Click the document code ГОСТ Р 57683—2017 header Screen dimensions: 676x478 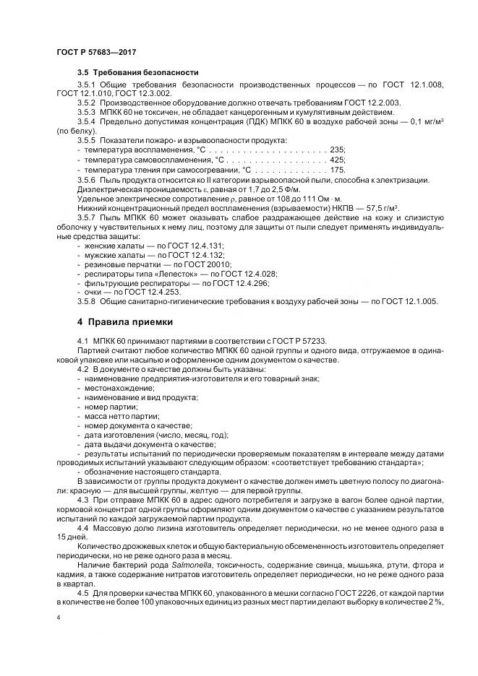pos(95,52)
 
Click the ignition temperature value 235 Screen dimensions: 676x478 pos(336,149)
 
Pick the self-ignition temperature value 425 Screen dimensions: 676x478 pos(336,158)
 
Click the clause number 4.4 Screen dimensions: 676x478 pos(83,528)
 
